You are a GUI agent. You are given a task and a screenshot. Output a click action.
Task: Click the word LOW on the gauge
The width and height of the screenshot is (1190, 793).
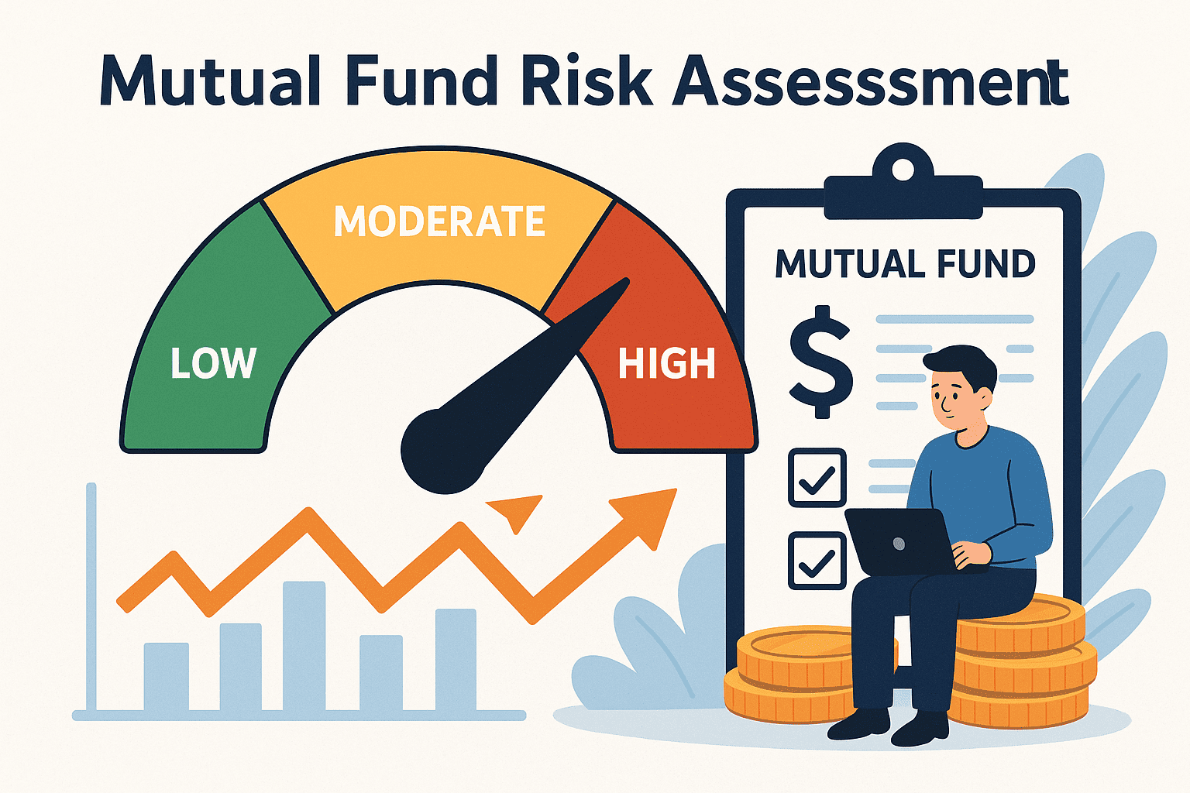213,363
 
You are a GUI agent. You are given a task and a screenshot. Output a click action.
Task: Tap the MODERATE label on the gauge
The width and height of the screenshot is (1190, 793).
439,221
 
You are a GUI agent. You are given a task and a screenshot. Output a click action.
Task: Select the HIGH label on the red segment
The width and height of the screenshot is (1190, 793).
666,363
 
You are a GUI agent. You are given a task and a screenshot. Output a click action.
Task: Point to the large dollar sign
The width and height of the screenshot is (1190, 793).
820,362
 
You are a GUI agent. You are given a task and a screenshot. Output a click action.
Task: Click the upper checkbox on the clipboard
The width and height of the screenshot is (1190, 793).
817,478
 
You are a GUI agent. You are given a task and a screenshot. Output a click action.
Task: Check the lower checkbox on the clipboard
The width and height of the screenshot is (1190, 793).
817,561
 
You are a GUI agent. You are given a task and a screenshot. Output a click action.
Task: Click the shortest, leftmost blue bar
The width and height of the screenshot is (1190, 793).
167,676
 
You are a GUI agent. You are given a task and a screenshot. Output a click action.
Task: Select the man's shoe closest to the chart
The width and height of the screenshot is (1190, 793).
858,724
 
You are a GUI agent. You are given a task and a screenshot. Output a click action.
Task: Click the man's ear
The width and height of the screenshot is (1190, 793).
985,400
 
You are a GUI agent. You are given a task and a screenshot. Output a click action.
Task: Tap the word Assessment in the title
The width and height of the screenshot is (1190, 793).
870,81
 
